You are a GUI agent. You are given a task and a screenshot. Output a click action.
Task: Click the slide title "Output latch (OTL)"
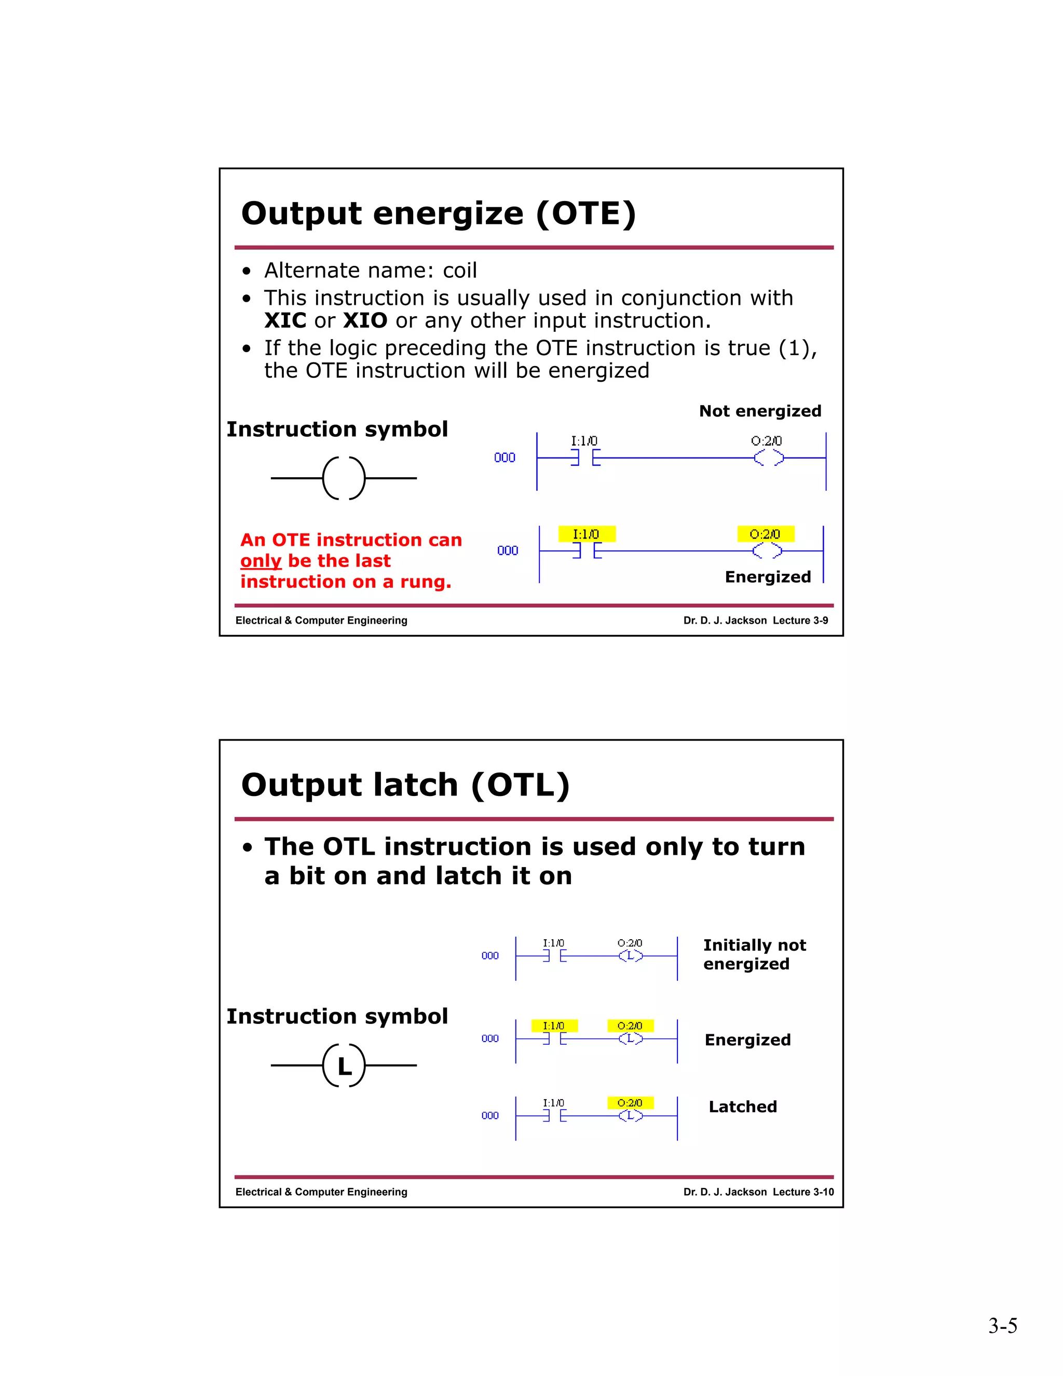coord(405,785)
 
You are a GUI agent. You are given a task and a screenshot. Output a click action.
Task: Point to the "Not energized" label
coord(759,411)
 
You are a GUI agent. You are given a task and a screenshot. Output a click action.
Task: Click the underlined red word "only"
coord(260,561)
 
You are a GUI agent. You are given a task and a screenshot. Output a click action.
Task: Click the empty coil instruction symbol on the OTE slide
coord(343,478)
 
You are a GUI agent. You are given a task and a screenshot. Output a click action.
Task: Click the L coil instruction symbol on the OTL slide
coord(343,1065)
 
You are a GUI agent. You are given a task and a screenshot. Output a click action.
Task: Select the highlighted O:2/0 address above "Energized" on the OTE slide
coord(765,534)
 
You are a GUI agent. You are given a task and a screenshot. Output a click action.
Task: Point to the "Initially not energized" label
coord(754,954)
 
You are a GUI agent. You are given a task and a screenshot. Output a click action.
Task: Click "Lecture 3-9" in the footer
coord(800,620)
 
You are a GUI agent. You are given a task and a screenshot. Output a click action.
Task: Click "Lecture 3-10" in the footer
coord(803,1192)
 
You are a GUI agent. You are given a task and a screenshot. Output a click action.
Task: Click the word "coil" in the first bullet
coord(460,271)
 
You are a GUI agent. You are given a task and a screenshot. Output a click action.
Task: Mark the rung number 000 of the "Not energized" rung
coord(505,457)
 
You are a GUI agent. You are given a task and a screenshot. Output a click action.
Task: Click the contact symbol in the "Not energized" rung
coord(585,458)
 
